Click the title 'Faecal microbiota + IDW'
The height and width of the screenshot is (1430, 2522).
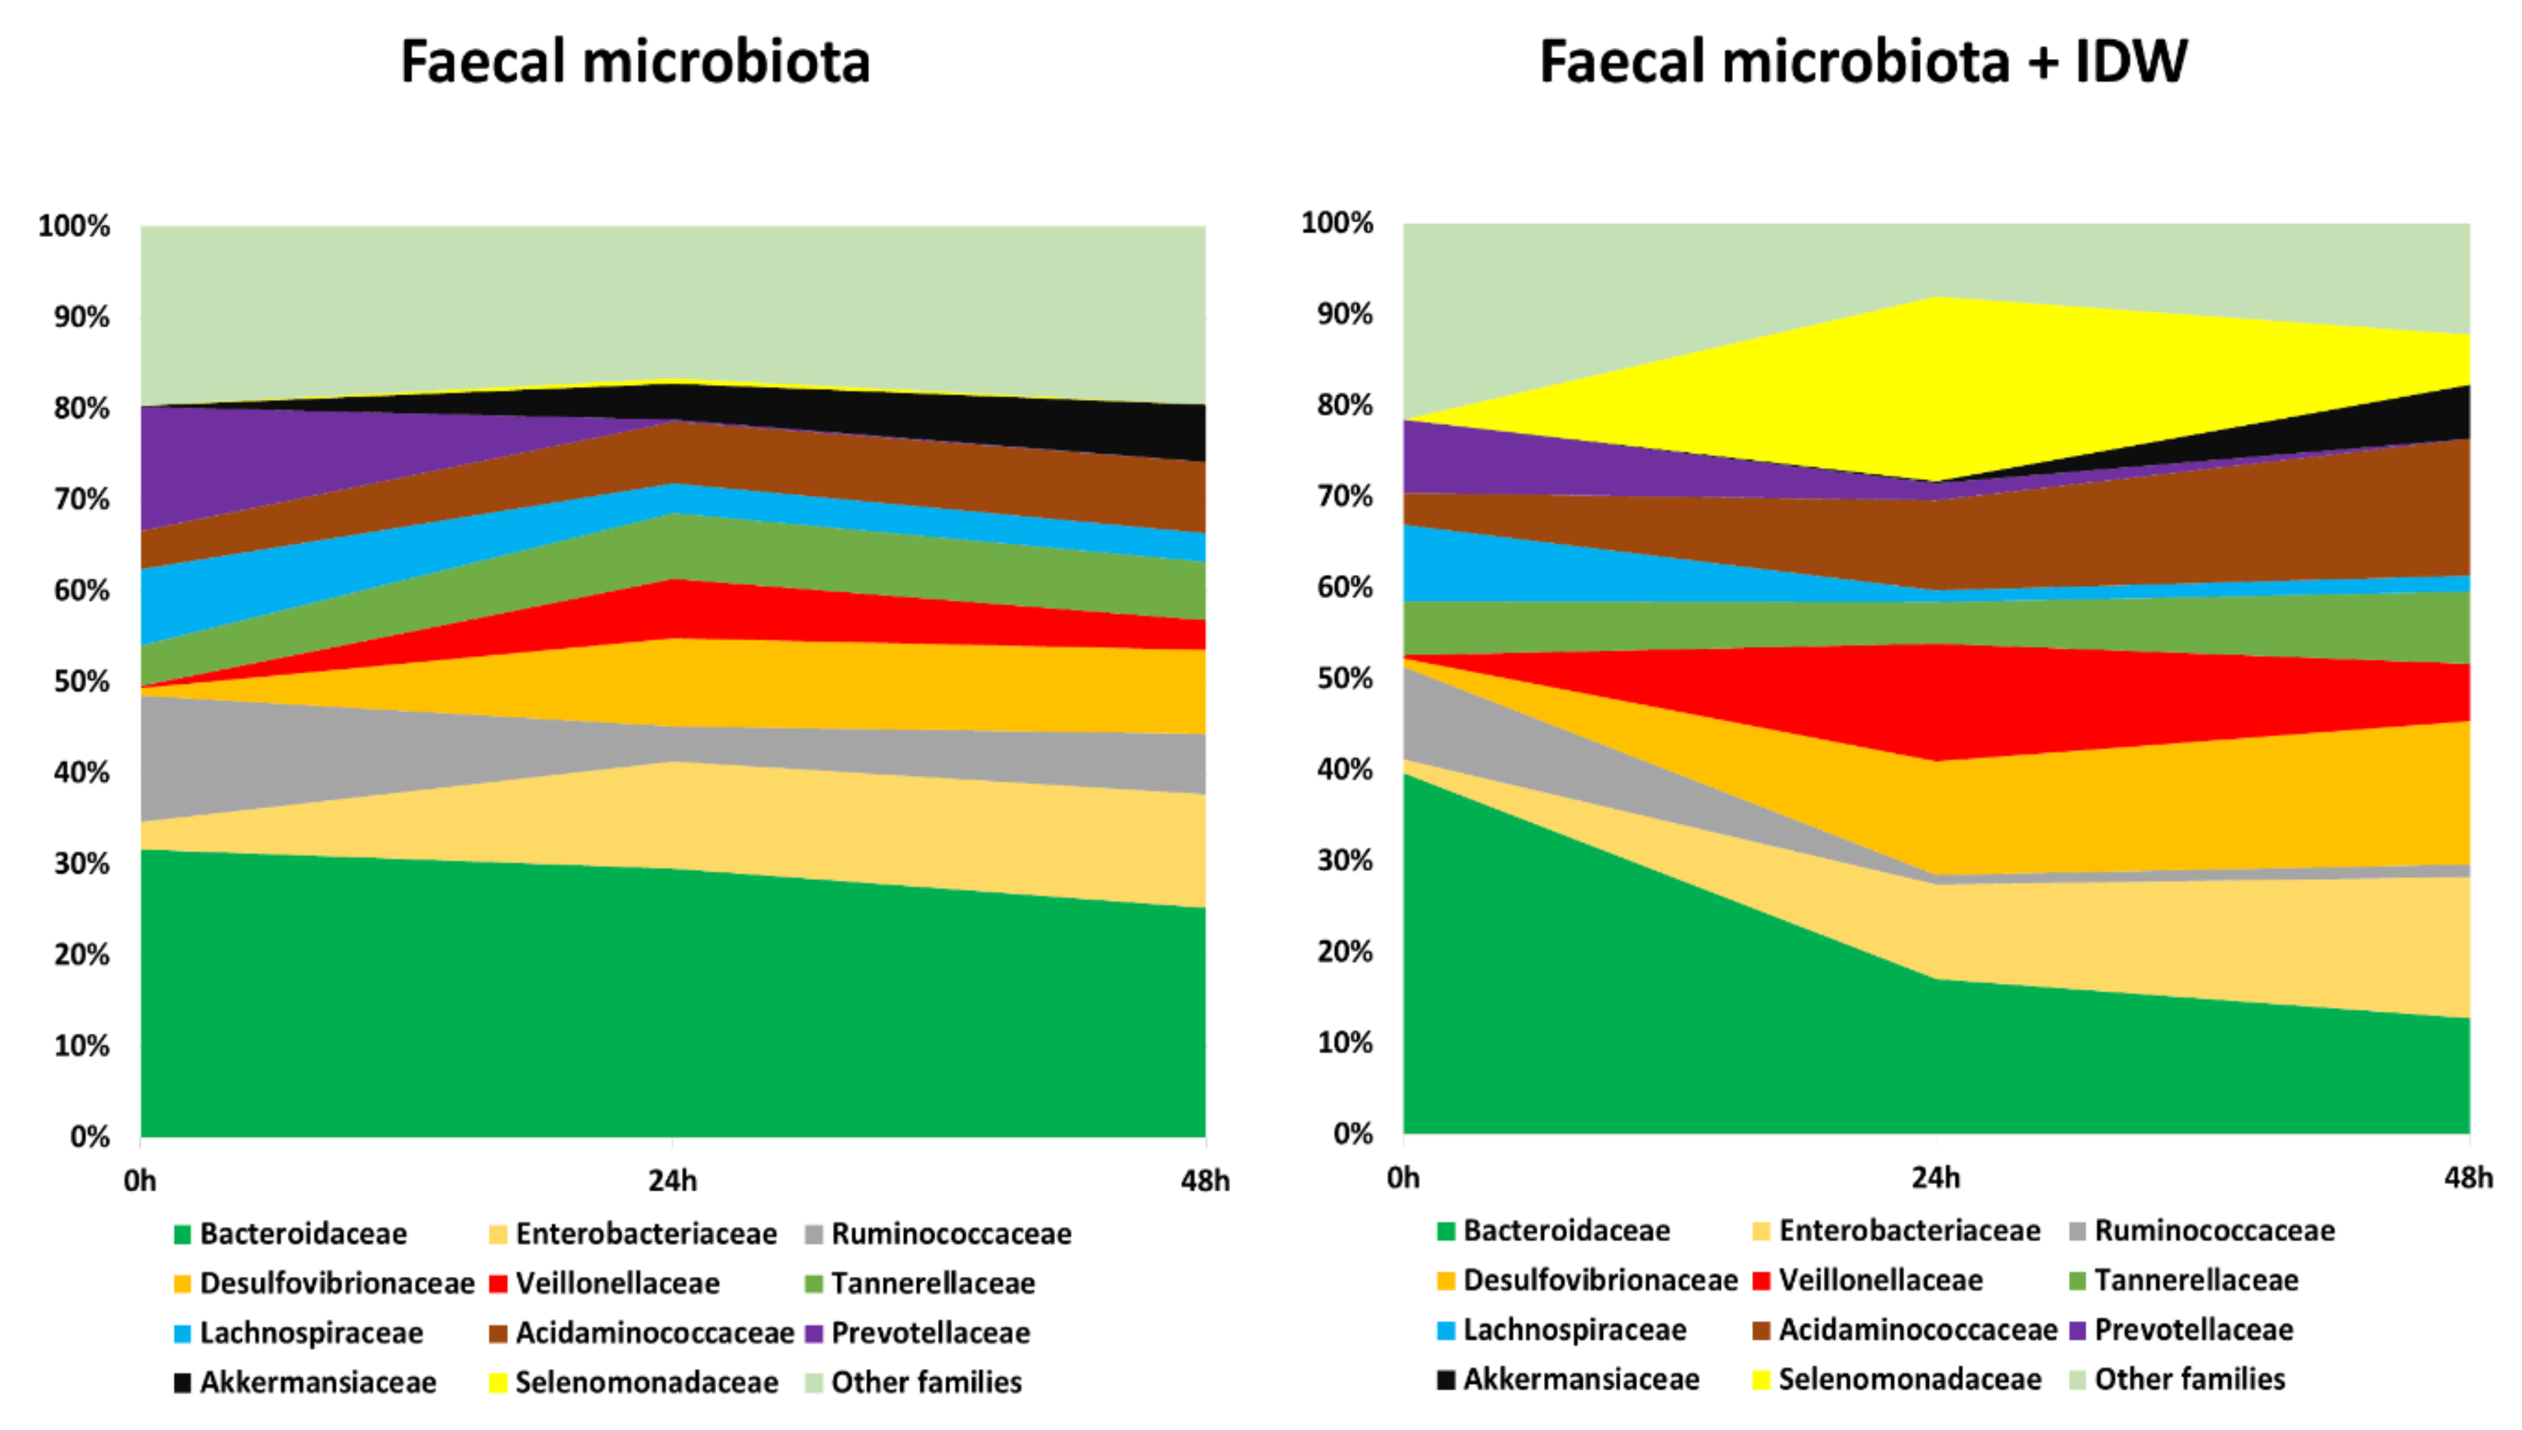[1862, 61]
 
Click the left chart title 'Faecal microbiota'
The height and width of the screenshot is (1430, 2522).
[635, 61]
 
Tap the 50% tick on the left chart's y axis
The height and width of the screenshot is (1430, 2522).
[81, 681]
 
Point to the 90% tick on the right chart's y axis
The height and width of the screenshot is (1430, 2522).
[1345, 314]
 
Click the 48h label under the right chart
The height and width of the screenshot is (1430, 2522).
[2467, 1177]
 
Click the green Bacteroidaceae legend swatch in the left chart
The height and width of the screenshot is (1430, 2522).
[182, 1235]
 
